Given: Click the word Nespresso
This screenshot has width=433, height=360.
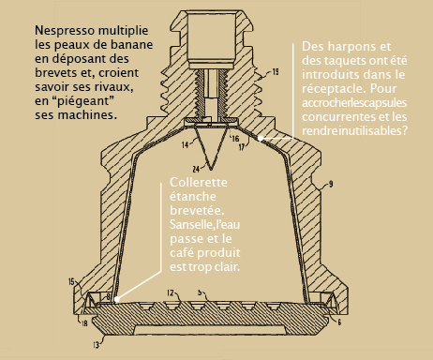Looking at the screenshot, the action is point(65,31).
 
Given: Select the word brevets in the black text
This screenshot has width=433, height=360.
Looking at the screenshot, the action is point(55,73).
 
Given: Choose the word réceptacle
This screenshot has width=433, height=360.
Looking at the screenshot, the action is point(334,89).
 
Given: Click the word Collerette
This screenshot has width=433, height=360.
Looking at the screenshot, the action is point(199,182).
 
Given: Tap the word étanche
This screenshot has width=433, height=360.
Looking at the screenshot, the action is point(193,197).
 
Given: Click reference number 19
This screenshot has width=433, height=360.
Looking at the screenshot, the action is point(275,72).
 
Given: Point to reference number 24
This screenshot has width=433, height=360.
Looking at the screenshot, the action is point(196,169).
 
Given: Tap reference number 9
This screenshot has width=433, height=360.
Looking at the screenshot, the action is point(331,184).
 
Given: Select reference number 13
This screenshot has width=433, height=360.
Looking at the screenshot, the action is point(96,345).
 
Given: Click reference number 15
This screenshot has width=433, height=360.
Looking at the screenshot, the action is point(71,282).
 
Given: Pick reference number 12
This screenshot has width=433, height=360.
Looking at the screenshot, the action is point(171,292).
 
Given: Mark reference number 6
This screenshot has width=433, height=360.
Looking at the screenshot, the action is point(339,322).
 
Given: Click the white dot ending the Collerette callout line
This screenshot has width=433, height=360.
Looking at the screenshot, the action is point(116,299).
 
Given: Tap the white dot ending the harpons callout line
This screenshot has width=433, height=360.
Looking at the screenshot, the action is point(260,138).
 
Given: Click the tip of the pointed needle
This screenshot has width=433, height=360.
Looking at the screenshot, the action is point(211,170).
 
